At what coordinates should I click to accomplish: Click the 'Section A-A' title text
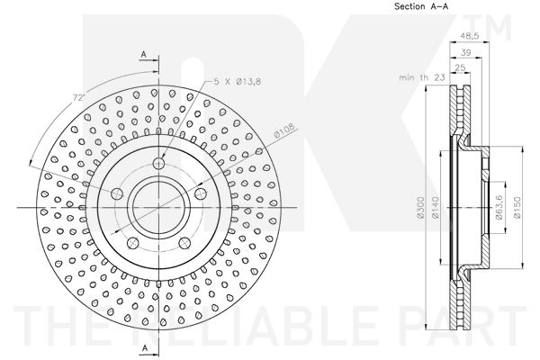421,6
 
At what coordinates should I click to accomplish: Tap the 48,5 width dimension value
470,36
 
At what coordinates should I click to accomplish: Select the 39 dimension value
465,53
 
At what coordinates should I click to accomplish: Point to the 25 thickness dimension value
460,67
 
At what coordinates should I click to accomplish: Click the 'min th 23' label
422,77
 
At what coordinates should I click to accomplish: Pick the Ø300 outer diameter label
420,208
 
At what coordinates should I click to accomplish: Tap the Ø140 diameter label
435,207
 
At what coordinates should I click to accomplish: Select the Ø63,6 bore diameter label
499,208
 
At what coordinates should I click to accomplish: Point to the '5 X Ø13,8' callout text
238,82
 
